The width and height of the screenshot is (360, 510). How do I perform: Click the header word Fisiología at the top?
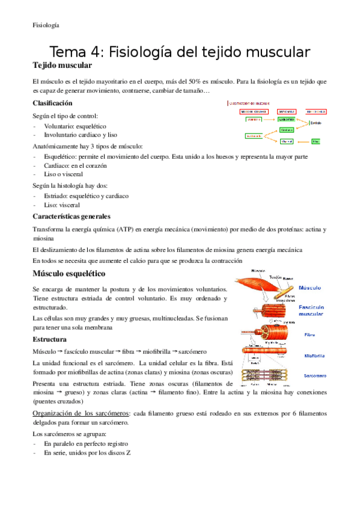pyautogui.click(x=46, y=25)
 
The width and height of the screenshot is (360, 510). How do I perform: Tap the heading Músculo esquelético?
pyautogui.click(x=69, y=274)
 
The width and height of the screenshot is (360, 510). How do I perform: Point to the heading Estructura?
pyautogui.click(x=49, y=339)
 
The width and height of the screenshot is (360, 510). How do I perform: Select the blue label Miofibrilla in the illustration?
pyautogui.click(x=316, y=355)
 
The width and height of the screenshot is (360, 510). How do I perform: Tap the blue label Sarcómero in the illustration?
pyautogui.click(x=316, y=376)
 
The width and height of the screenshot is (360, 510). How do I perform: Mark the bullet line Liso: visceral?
pyautogui.click(x=61, y=204)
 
